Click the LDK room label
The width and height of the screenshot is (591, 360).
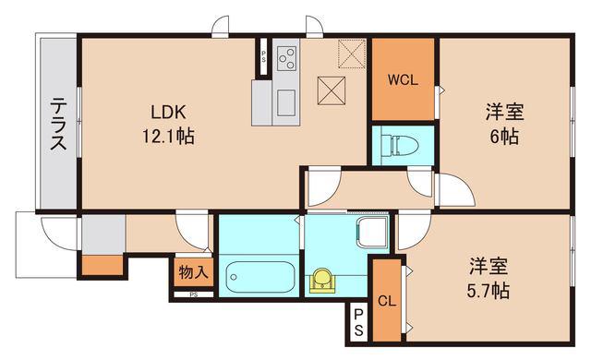[168, 112]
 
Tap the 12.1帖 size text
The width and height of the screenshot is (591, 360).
[168, 136]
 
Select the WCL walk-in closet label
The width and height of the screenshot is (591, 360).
[403, 79]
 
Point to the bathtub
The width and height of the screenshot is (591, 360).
[260, 277]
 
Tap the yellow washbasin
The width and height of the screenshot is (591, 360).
[322, 281]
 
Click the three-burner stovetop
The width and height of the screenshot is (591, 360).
[286, 58]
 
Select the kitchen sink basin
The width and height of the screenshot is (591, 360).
[286, 102]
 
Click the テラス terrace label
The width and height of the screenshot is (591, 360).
[58, 124]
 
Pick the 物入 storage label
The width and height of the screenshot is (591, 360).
[193, 272]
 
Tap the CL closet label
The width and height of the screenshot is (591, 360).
[387, 301]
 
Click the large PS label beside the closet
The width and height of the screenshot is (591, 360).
[358, 323]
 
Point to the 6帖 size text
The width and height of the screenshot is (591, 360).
[504, 137]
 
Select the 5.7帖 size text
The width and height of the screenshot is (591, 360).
[488, 291]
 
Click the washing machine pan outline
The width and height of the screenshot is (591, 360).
[372, 232]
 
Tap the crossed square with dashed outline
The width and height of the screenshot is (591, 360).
[352, 54]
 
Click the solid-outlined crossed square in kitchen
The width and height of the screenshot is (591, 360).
[332, 90]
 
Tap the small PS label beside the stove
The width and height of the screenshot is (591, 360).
[264, 57]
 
